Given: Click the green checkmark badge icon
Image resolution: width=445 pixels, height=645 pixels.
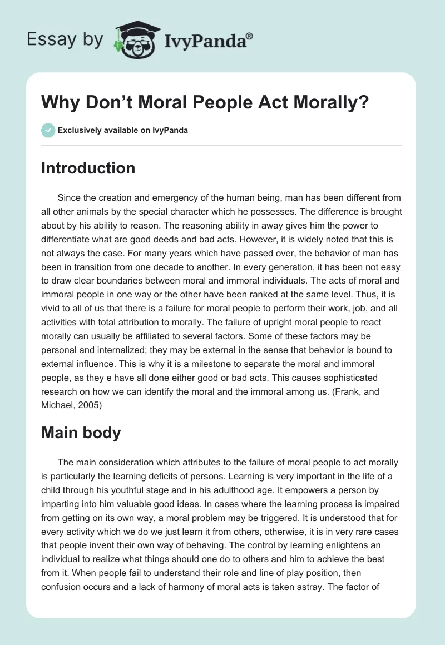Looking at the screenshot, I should (47, 131).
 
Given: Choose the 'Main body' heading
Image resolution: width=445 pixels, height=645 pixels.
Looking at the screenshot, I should (81, 433).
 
